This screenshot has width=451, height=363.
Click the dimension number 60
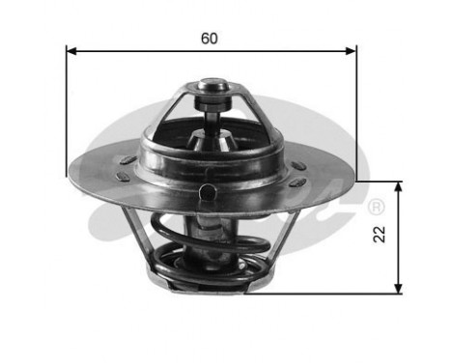[x=210, y=39]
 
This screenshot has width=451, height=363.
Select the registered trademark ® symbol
[x=376, y=207]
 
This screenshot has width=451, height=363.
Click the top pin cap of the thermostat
[x=212, y=95]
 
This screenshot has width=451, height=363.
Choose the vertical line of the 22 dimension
[x=397, y=237]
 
